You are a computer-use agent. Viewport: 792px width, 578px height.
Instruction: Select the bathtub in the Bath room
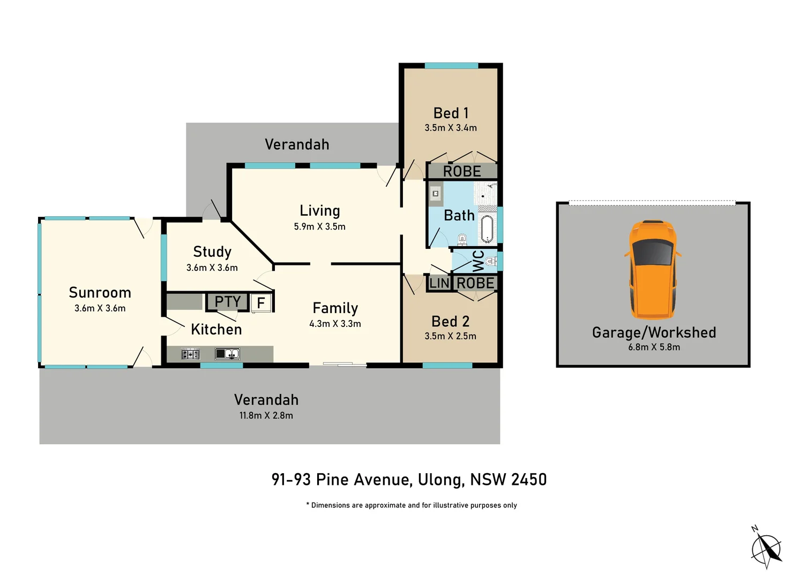(x=486, y=229)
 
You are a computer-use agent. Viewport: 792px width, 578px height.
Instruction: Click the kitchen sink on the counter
(x=227, y=354)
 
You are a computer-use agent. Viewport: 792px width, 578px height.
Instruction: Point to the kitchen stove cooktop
(x=190, y=354)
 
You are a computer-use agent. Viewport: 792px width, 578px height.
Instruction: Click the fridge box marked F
(x=261, y=303)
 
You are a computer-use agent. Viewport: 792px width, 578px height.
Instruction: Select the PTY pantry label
(x=227, y=302)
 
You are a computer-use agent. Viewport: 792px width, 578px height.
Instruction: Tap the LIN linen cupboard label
(x=439, y=283)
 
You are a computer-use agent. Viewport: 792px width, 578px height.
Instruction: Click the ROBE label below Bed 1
(x=462, y=171)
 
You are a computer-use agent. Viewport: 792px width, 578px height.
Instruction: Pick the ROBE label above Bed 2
(x=475, y=283)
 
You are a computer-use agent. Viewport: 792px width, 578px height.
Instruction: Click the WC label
(x=478, y=261)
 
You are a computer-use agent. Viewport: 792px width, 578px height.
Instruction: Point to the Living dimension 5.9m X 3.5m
(x=319, y=226)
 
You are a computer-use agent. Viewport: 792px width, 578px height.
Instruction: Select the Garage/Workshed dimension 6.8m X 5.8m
(x=654, y=347)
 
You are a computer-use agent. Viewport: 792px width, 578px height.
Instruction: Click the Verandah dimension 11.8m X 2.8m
(x=266, y=415)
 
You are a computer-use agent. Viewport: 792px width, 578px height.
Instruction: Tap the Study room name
(x=212, y=252)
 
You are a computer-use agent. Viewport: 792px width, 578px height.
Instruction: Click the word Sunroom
(x=100, y=293)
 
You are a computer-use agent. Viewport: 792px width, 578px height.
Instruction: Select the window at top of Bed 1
(x=451, y=66)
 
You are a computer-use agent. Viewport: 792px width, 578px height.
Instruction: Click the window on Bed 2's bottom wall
(x=447, y=366)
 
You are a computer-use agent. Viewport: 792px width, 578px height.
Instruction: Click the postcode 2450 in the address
(x=528, y=480)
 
